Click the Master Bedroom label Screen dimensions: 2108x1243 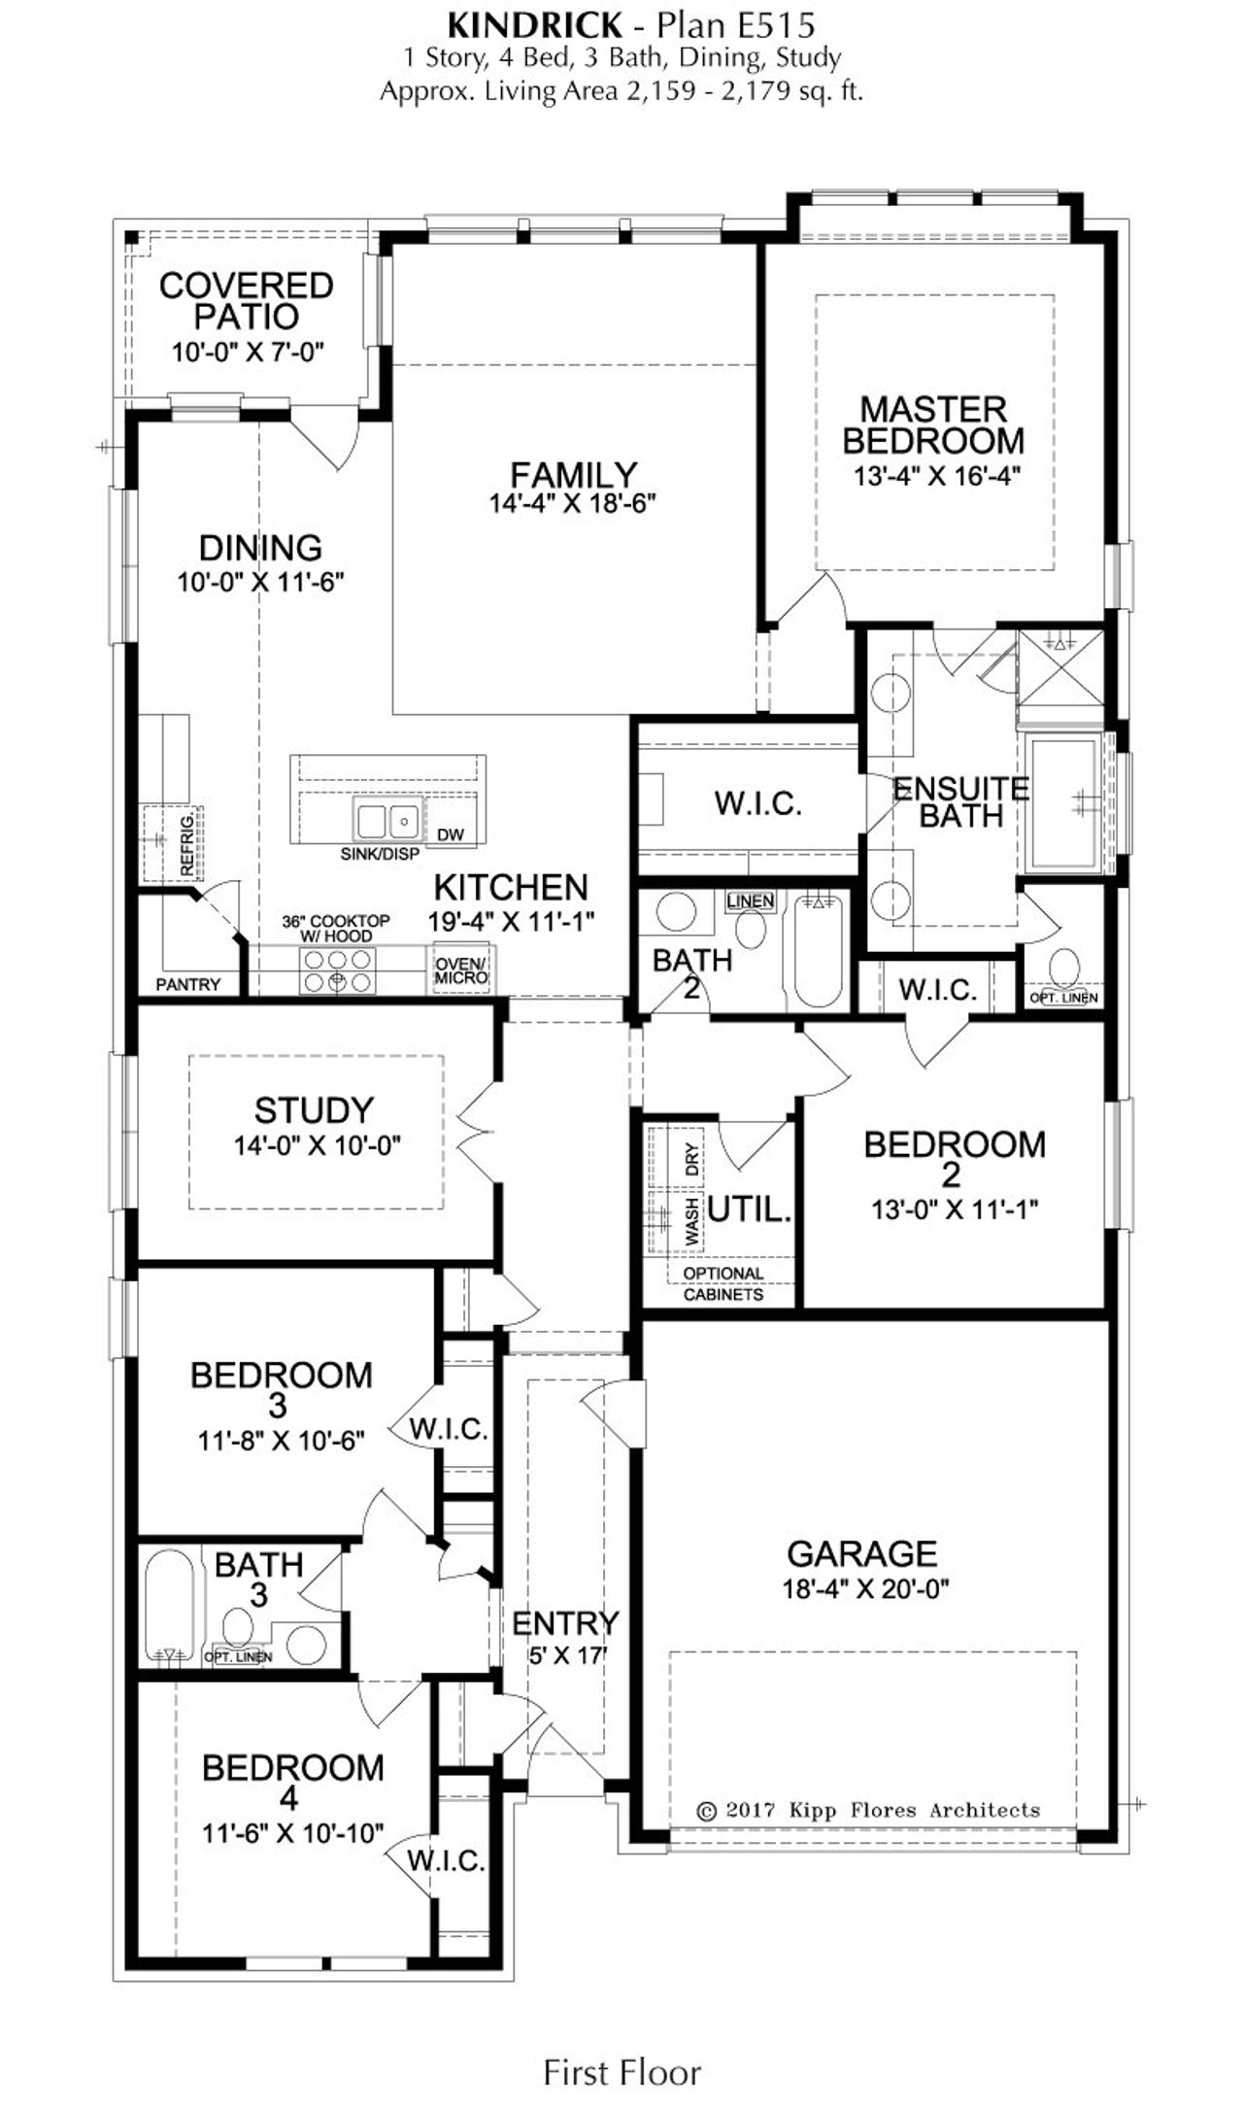(x=932, y=425)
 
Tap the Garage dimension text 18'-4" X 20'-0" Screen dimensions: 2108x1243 (x=864, y=1589)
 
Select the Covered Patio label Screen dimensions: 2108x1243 (x=246, y=300)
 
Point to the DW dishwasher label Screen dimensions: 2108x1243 (x=450, y=834)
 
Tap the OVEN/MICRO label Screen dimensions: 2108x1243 (x=461, y=970)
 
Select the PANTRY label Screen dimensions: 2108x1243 (x=188, y=984)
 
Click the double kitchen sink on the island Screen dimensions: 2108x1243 (x=386, y=822)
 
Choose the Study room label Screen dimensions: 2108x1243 (x=314, y=1109)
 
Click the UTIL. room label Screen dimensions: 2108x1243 (x=749, y=1209)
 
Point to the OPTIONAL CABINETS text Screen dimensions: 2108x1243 (x=722, y=1283)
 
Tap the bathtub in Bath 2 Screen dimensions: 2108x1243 (x=818, y=952)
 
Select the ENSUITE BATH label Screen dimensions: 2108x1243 (x=960, y=801)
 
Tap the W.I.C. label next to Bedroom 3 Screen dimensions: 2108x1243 (x=448, y=1429)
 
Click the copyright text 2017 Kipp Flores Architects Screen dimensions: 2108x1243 (x=868, y=1810)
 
